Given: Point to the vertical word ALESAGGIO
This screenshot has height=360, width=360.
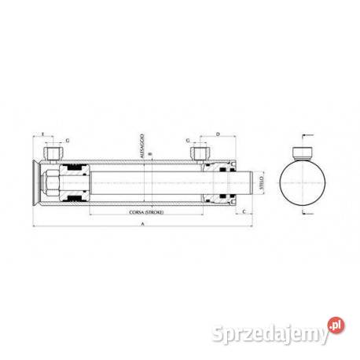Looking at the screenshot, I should (141, 145).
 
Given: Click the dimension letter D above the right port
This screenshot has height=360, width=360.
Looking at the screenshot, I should (216, 135).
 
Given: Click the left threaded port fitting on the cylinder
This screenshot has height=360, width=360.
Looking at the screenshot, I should (56, 152).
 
